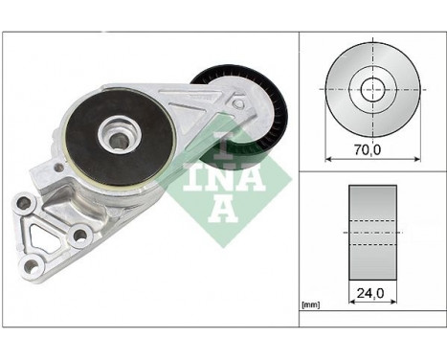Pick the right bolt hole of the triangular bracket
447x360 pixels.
(x=79, y=235)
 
